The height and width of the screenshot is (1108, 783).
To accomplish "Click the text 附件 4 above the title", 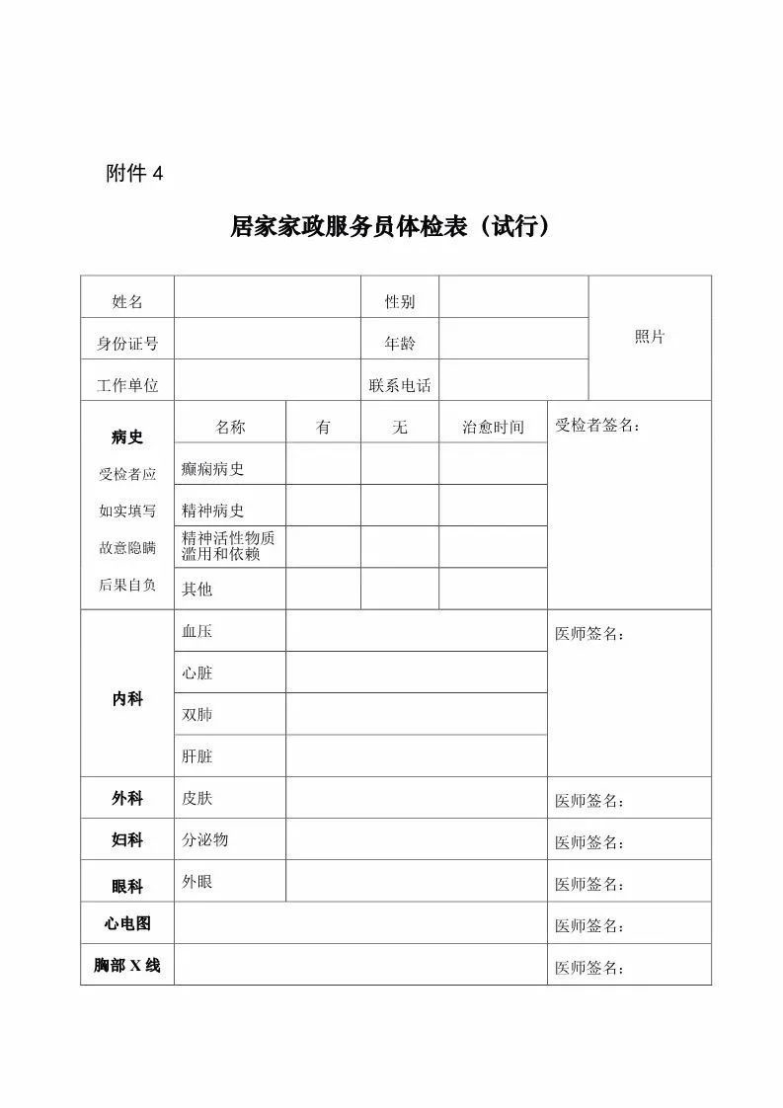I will tap(133, 174).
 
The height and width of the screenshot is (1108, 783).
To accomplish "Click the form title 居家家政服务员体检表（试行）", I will tap(390, 227).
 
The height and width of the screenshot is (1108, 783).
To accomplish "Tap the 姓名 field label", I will tap(126, 301).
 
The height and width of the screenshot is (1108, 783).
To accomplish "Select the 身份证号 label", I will tap(126, 344).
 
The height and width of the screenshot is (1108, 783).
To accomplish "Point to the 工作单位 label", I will tap(126, 385).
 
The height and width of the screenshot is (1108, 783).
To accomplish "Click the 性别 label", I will tap(400, 301).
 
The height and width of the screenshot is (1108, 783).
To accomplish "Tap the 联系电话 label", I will tap(400, 385).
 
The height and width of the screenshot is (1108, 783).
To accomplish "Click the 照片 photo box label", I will tap(649, 337).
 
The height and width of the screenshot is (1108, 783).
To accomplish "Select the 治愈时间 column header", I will tap(493, 428).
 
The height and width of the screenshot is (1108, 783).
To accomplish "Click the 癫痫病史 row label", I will tap(212, 469).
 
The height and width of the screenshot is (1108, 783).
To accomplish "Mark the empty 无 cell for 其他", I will tap(400, 589).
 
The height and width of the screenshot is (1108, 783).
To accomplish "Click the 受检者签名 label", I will tap(596, 426).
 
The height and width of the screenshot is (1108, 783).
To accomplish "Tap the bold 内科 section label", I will tap(126, 699).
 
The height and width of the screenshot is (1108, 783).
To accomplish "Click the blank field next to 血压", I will tap(416, 631).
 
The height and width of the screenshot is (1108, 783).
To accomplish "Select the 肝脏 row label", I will tap(196, 756).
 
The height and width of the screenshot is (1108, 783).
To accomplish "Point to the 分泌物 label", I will tap(204, 839).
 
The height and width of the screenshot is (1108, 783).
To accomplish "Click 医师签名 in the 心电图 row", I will tap(588, 926).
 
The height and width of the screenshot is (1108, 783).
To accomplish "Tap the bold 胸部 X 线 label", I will tap(126, 965).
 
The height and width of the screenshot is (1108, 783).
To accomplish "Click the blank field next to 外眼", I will tap(416, 881).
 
